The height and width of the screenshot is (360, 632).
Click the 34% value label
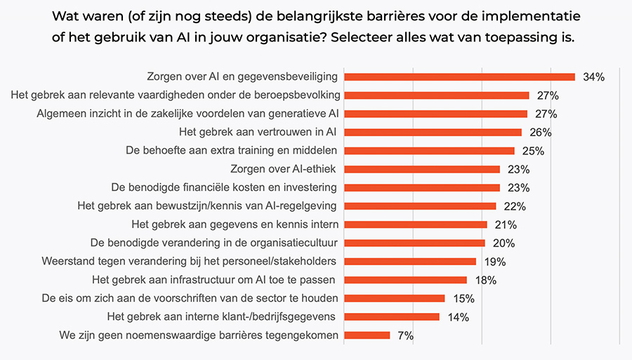tap(593, 77)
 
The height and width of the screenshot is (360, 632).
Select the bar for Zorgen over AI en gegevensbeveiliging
tap(460, 76)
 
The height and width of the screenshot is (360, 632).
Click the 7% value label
tap(405, 336)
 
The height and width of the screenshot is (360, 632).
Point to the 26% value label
tap(540, 133)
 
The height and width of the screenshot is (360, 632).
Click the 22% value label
tap(515, 206)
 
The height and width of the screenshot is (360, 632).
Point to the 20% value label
tap(503, 244)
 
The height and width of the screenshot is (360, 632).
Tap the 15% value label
tap(463, 299)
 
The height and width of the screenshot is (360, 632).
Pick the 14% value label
tap(458, 317)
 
